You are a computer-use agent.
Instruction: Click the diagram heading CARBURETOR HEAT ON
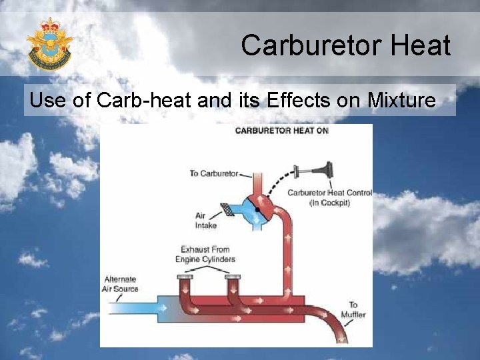tap(281, 131)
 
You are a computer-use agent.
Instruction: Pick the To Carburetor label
tap(213, 173)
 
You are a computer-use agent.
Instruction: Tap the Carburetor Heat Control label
tap(329, 197)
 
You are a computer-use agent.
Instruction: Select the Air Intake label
tap(205, 221)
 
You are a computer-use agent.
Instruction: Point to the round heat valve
tap(257, 208)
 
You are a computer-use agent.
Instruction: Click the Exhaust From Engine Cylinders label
tap(205, 254)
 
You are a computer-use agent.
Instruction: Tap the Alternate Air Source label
tap(121, 284)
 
